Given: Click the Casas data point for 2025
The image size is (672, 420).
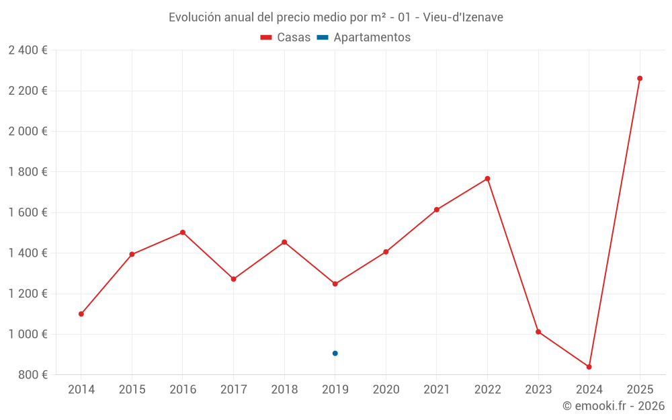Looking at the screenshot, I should coord(640,79).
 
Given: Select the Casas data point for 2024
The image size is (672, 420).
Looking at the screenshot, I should coord(589,367).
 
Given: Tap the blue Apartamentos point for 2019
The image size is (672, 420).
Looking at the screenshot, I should coord(335,353).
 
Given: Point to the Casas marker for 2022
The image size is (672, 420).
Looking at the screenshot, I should coord(487,179).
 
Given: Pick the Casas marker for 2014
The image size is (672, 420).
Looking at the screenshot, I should coord(81,314).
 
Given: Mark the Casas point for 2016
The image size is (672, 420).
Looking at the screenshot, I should coord(183,233).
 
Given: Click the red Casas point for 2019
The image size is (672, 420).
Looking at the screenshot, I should coord(335,284).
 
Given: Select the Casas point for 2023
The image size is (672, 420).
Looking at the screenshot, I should coord(538,332).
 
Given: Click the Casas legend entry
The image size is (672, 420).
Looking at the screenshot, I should coord(286,38).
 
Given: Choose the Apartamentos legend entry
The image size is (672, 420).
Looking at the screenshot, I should coord(364,38).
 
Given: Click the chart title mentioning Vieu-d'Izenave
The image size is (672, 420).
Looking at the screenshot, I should coord(336,17).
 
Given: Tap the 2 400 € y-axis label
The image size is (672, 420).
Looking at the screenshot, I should coord(28,50).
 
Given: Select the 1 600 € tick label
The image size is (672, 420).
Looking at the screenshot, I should coord(28,212).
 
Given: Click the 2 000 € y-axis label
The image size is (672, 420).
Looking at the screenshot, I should coord(28,131).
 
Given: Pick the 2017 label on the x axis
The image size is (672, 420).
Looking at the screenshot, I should coord(233,389).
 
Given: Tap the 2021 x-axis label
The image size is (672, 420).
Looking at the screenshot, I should coord(436,389).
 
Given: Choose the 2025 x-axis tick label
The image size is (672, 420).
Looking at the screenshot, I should coord(640,389).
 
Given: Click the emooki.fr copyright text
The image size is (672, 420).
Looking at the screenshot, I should coord(613,406).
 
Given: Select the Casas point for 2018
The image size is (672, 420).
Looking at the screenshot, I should coord(284,242).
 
